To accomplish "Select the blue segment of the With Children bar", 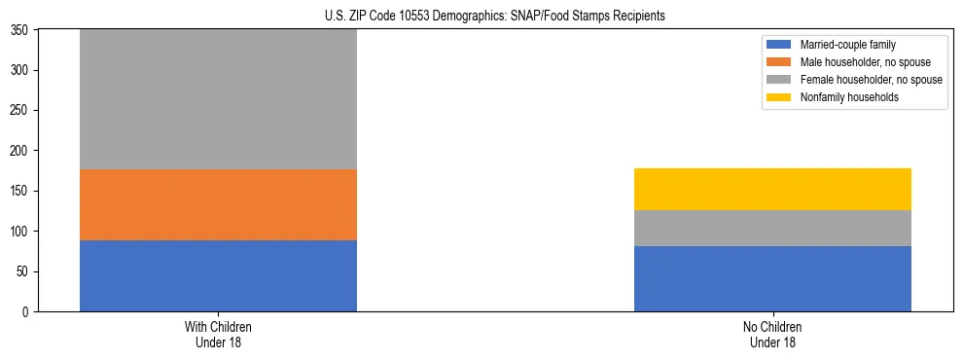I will click(218, 275).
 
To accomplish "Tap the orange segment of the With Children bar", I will click(218, 204).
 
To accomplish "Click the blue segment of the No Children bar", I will click(772, 278).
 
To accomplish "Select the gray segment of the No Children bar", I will click(772, 228).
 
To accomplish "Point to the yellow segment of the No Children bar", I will click(772, 189).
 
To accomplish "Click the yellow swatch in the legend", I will click(780, 97).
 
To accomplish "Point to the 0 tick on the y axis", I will click(28, 312).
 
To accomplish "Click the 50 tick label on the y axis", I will click(25, 271).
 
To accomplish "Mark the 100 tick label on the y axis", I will click(22, 232).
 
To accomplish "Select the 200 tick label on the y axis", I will click(22, 151).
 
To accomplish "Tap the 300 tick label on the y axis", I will click(22, 70).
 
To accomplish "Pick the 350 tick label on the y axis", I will click(22, 30).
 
